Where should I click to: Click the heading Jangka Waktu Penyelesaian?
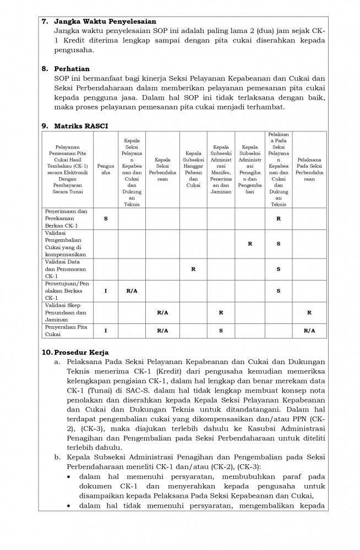(x=105, y=21)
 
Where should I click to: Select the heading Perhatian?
(x=72, y=69)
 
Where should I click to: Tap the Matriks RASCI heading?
(x=81, y=127)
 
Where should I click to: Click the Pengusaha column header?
(x=105, y=168)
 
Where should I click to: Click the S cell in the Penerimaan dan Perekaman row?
(x=105, y=218)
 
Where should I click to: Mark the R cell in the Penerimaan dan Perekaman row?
(x=279, y=218)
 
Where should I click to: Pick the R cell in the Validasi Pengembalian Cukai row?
(x=250, y=243)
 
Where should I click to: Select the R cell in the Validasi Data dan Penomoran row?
(x=193, y=269)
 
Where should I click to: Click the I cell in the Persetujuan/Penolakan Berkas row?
(x=105, y=290)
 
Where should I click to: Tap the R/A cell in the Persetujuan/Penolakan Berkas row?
(x=132, y=290)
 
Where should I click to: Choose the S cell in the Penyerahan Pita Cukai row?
(x=221, y=331)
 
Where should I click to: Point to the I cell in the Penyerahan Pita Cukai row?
(x=105, y=331)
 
